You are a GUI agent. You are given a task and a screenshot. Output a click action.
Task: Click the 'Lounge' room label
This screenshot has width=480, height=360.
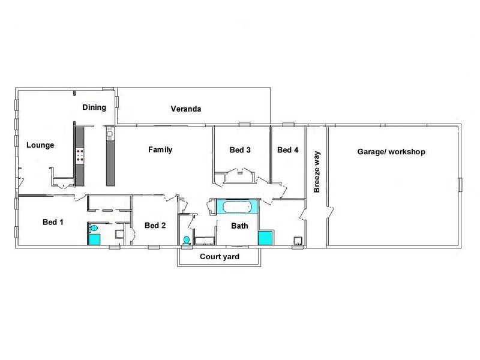[x=40, y=145]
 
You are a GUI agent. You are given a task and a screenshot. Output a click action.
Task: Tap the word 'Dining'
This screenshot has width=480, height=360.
[x=94, y=108]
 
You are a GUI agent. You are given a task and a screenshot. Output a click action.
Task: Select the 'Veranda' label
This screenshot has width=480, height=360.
[x=185, y=109]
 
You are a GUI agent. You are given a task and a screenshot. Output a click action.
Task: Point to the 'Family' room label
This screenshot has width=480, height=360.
[x=160, y=150]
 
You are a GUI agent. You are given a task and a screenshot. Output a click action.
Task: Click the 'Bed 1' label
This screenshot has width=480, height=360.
[x=53, y=222]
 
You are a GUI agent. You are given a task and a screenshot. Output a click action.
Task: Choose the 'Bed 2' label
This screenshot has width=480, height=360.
[x=155, y=226]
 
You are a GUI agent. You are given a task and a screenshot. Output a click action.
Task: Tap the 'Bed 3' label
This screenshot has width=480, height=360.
[x=240, y=150]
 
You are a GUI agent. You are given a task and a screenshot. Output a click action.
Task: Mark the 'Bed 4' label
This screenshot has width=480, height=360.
[x=287, y=150]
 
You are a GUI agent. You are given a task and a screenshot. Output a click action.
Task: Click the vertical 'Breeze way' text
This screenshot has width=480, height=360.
[x=317, y=172]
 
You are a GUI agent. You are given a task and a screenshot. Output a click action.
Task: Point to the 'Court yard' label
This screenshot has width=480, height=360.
[x=220, y=257]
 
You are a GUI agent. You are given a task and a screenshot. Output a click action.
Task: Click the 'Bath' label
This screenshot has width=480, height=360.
[x=240, y=226]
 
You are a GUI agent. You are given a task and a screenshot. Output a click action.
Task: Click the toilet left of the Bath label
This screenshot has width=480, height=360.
[x=187, y=240]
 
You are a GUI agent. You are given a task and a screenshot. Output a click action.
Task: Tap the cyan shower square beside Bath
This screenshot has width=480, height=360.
[x=265, y=238]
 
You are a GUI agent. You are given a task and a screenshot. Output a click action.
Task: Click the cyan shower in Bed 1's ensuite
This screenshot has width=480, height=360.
[x=95, y=239]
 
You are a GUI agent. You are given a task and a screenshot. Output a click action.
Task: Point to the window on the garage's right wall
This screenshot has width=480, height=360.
[x=461, y=185]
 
